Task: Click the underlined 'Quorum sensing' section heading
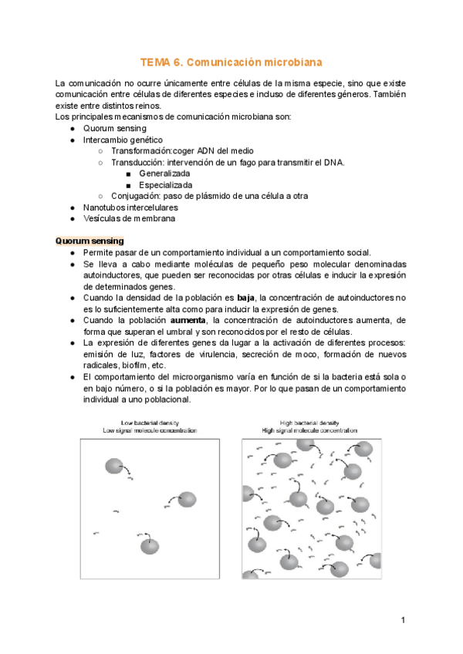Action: (x=90, y=241)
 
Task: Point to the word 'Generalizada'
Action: (x=164, y=174)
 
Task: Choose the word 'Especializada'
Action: (x=166, y=185)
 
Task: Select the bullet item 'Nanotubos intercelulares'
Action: (x=130, y=207)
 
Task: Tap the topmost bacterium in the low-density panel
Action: (x=113, y=466)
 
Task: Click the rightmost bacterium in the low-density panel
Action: (x=188, y=500)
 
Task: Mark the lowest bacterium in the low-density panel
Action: (x=150, y=546)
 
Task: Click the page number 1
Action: (x=403, y=621)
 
